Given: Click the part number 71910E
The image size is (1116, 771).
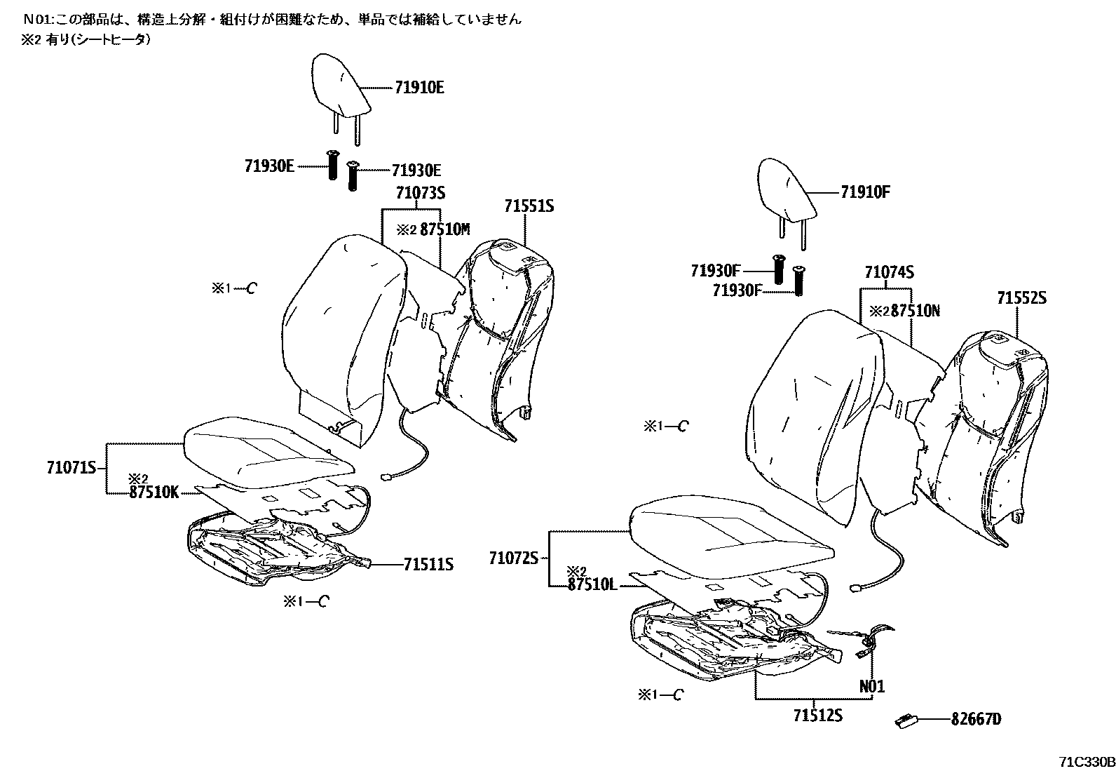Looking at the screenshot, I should click(419, 88).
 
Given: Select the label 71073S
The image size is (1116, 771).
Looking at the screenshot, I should click(421, 193).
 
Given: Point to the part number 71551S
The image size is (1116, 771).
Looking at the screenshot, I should click(529, 206).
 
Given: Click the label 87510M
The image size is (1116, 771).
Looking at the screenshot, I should click(444, 229).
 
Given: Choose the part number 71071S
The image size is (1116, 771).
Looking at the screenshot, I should click(72, 468).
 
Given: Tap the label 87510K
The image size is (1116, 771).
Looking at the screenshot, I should click(154, 492).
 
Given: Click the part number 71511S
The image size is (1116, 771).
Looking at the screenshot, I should click(428, 564).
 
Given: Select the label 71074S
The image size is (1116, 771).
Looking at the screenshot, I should click(889, 272).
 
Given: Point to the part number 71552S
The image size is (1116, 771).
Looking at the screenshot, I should click(1021, 298).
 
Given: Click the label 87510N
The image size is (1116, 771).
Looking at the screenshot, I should click(914, 311).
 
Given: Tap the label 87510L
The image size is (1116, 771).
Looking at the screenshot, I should click(592, 584).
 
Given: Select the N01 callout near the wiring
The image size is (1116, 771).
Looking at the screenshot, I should click(872, 685).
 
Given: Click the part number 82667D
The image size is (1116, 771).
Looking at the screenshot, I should click(976, 719).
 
